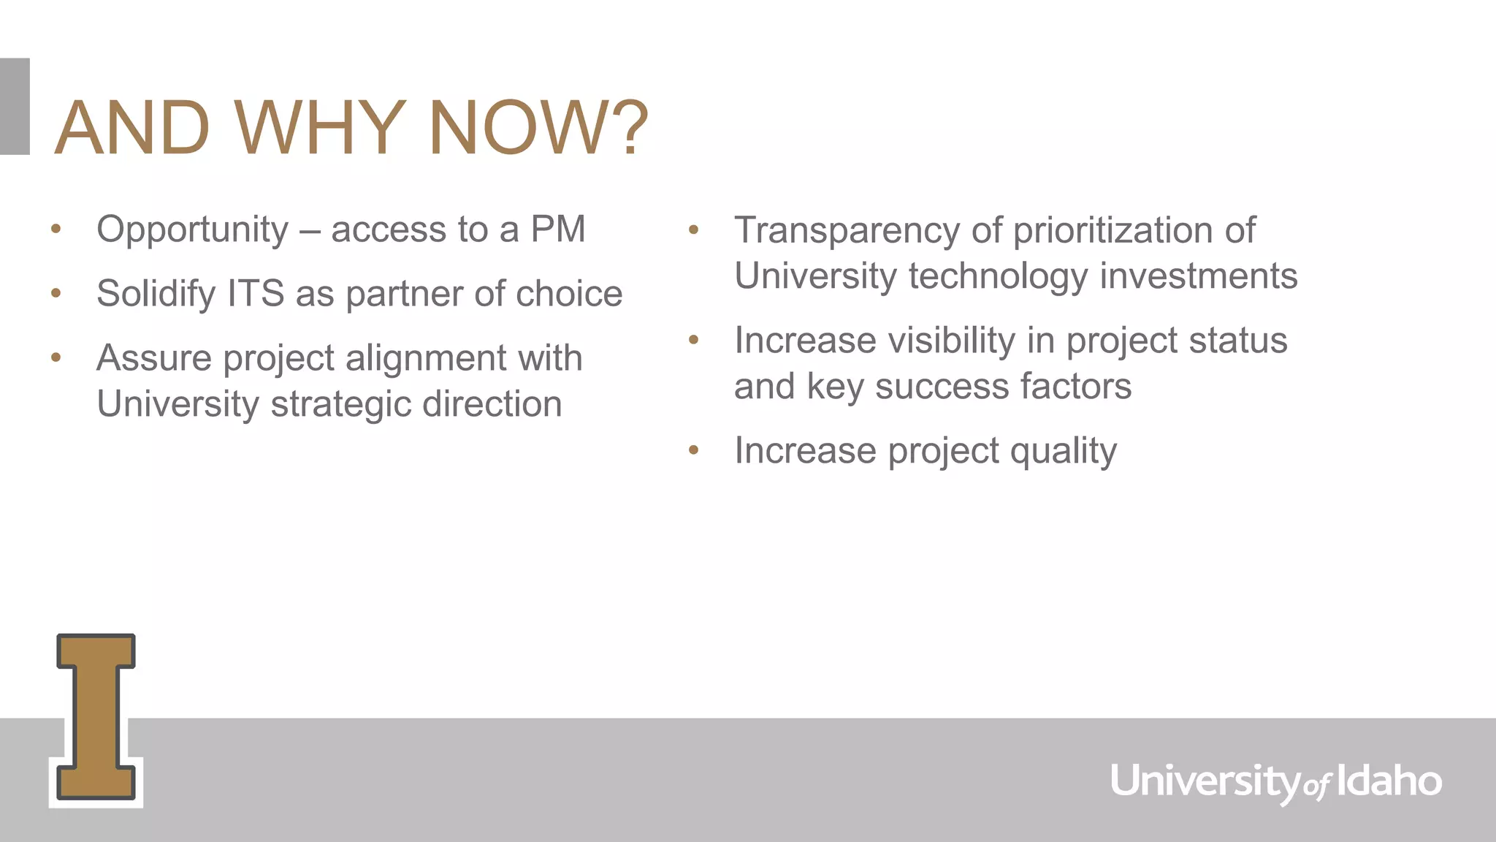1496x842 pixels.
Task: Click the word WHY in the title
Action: [x=320, y=129]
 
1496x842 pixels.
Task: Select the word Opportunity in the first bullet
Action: [x=193, y=230]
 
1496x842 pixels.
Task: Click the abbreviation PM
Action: [x=558, y=230]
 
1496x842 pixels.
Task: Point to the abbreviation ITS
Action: [x=256, y=294]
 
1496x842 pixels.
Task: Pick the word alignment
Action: [x=426, y=358]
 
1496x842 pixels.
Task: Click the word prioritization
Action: [x=1113, y=231]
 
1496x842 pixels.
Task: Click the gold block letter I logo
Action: [x=96, y=717]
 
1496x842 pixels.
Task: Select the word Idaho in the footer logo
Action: [x=1389, y=781]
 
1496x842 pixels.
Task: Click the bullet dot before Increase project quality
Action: [x=694, y=451]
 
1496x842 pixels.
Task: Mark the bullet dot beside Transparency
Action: [x=694, y=231]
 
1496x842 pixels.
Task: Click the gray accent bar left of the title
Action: [x=15, y=106]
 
